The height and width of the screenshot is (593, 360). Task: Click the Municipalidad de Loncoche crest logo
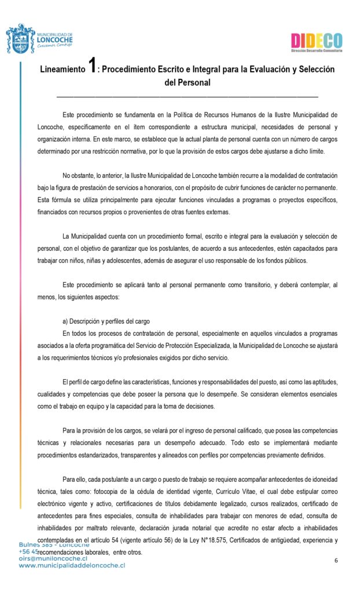click(20, 39)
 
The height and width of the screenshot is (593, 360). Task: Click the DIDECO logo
click(317, 42)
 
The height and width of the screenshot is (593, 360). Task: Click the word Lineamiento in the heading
click(62, 69)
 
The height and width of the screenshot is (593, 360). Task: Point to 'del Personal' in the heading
click(187, 83)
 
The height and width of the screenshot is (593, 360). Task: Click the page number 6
click(336, 560)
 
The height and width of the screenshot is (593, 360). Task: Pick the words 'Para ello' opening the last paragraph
click(74, 479)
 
